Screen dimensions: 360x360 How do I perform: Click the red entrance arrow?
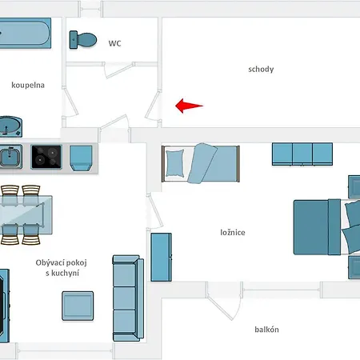pyautogui.click(x=189, y=106)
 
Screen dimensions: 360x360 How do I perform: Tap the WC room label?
pyautogui.click(x=114, y=43)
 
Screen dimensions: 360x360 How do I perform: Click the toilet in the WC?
pyautogui.click(x=83, y=40)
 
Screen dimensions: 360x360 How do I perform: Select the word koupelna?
pyautogui.click(x=28, y=85)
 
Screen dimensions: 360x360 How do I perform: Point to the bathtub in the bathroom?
pyautogui.click(x=26, y=33)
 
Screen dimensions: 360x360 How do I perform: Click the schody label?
pyautogui.click(x=261, y=70)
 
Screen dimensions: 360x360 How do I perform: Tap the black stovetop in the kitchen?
pyautogui.click(x=46, y=157)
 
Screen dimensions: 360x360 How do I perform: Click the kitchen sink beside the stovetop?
pyautogui.click(x=10, y=157)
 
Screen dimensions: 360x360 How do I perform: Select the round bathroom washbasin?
pyautogui.click(x=10, y=126)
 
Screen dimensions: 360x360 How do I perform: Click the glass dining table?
pyautogui.click(x=26, y=215)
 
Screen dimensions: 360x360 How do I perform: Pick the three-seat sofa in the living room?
pyautogui.click(x=128, y=298)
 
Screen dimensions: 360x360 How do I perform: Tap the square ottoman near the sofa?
pyautogui.click(x=78, y=306)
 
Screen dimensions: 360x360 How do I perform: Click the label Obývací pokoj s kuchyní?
pyautogui.click(x=62, y=268)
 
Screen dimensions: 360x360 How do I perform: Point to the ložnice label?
pyautogui.click(x=233, y=233)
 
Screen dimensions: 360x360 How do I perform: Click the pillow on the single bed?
pyautogui.click(x=175, y=163)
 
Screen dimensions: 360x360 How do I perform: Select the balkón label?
pyautogui.click(x=266, y=330)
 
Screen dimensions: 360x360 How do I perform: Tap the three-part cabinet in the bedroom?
pyautogui.click(x=302, y=154)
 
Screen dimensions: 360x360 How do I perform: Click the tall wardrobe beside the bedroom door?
pyautogui.click(x=161, y=257)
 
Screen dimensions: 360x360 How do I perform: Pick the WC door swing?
pyautogui.click(x=118, y=70)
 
